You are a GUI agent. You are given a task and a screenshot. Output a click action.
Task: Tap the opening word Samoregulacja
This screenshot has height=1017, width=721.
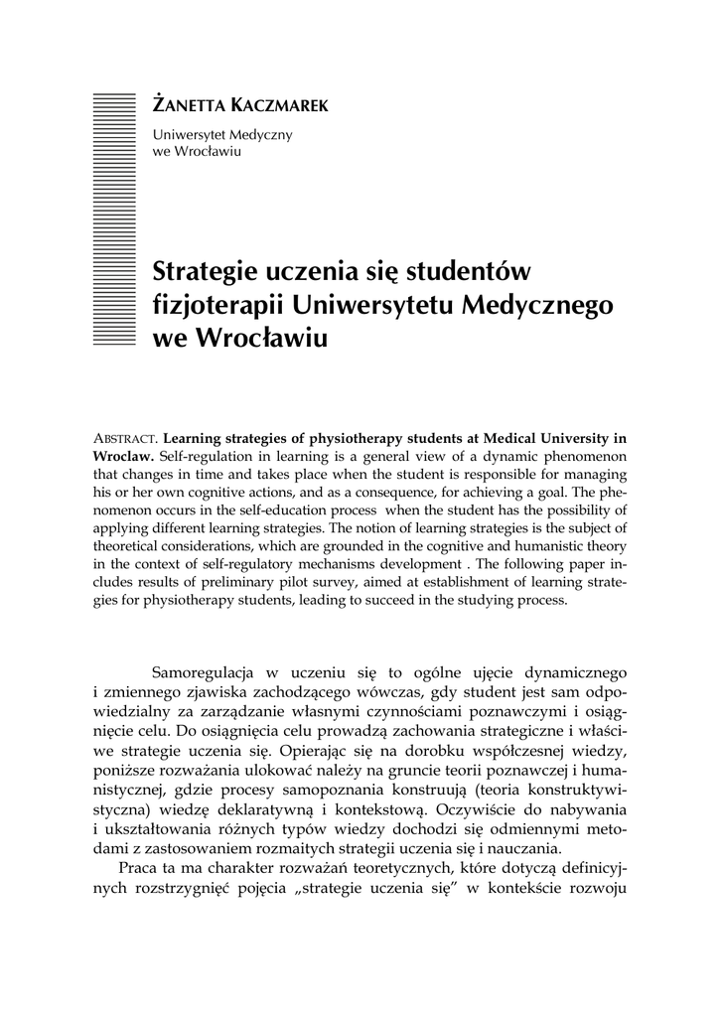point(206,675)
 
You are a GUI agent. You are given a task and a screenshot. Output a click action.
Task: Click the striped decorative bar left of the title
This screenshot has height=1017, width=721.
point(112,218)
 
